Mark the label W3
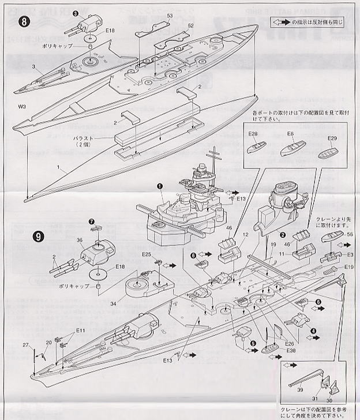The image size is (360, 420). tap(22, 106)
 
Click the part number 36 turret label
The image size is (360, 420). tap(80, 241)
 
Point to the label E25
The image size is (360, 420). tap(147, 254)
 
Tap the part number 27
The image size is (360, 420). tap(25, 345)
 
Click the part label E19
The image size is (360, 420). tap(348, 267)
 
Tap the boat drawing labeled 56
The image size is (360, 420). tap(333, 237)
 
